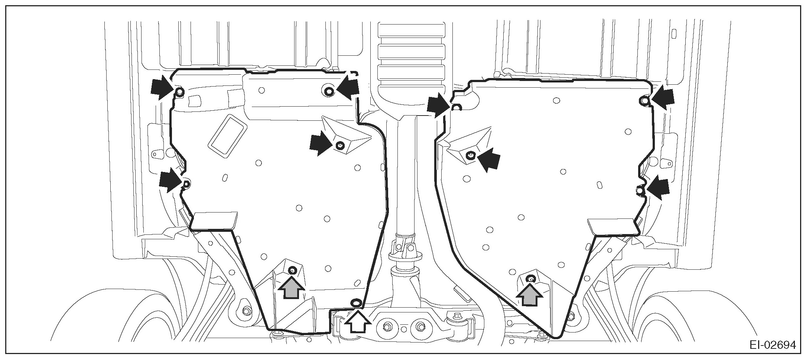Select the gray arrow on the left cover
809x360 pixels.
[x=292, y=288]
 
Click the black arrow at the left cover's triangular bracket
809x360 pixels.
[x=321, y=143]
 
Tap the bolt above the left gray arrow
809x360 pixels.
[x=292, y=270]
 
